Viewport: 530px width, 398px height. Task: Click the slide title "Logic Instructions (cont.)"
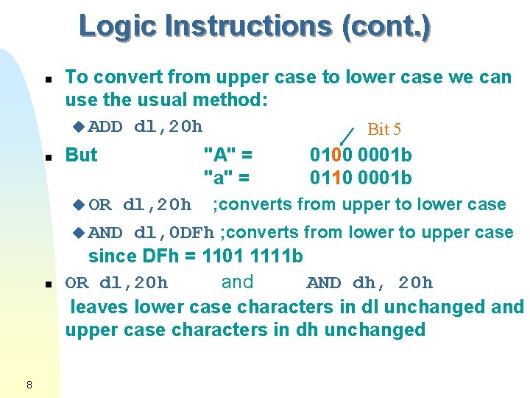pyautogui.click(x=255, y=26)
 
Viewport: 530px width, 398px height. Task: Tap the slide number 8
pyautogui.click(x=28, y=384)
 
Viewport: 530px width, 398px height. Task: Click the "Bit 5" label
pyautogui.click(x=384, y=130)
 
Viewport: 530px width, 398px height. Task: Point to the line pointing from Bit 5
pyautogui.click(x=346, y=135)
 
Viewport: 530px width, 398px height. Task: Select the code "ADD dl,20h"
pyautogui.click(x=145, y=126)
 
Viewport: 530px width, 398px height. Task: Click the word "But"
pyautogui.click(x=82, y=155)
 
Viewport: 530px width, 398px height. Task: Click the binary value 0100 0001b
pyautogui.click(x=361, y=155)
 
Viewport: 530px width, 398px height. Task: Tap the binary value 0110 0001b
pyautogui.click(x=361, y=178)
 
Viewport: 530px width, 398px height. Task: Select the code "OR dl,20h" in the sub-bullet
pyautogui.click(x=140, y=204)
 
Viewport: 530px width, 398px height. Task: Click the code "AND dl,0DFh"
pyautogui.click(x=151, y=233)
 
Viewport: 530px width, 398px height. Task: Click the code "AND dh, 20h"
pyautogui.click(x=370, y=283)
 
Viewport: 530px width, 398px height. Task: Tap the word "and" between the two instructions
pyautogui.click(x=237, y=282)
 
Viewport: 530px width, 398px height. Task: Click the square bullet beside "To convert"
pyautogui.click(x=47, y=78)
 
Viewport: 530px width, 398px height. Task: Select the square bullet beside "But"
pyautogui.click(x=47, y=157)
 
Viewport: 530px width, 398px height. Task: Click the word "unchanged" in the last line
pyautogui.click(x=376, y=329)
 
